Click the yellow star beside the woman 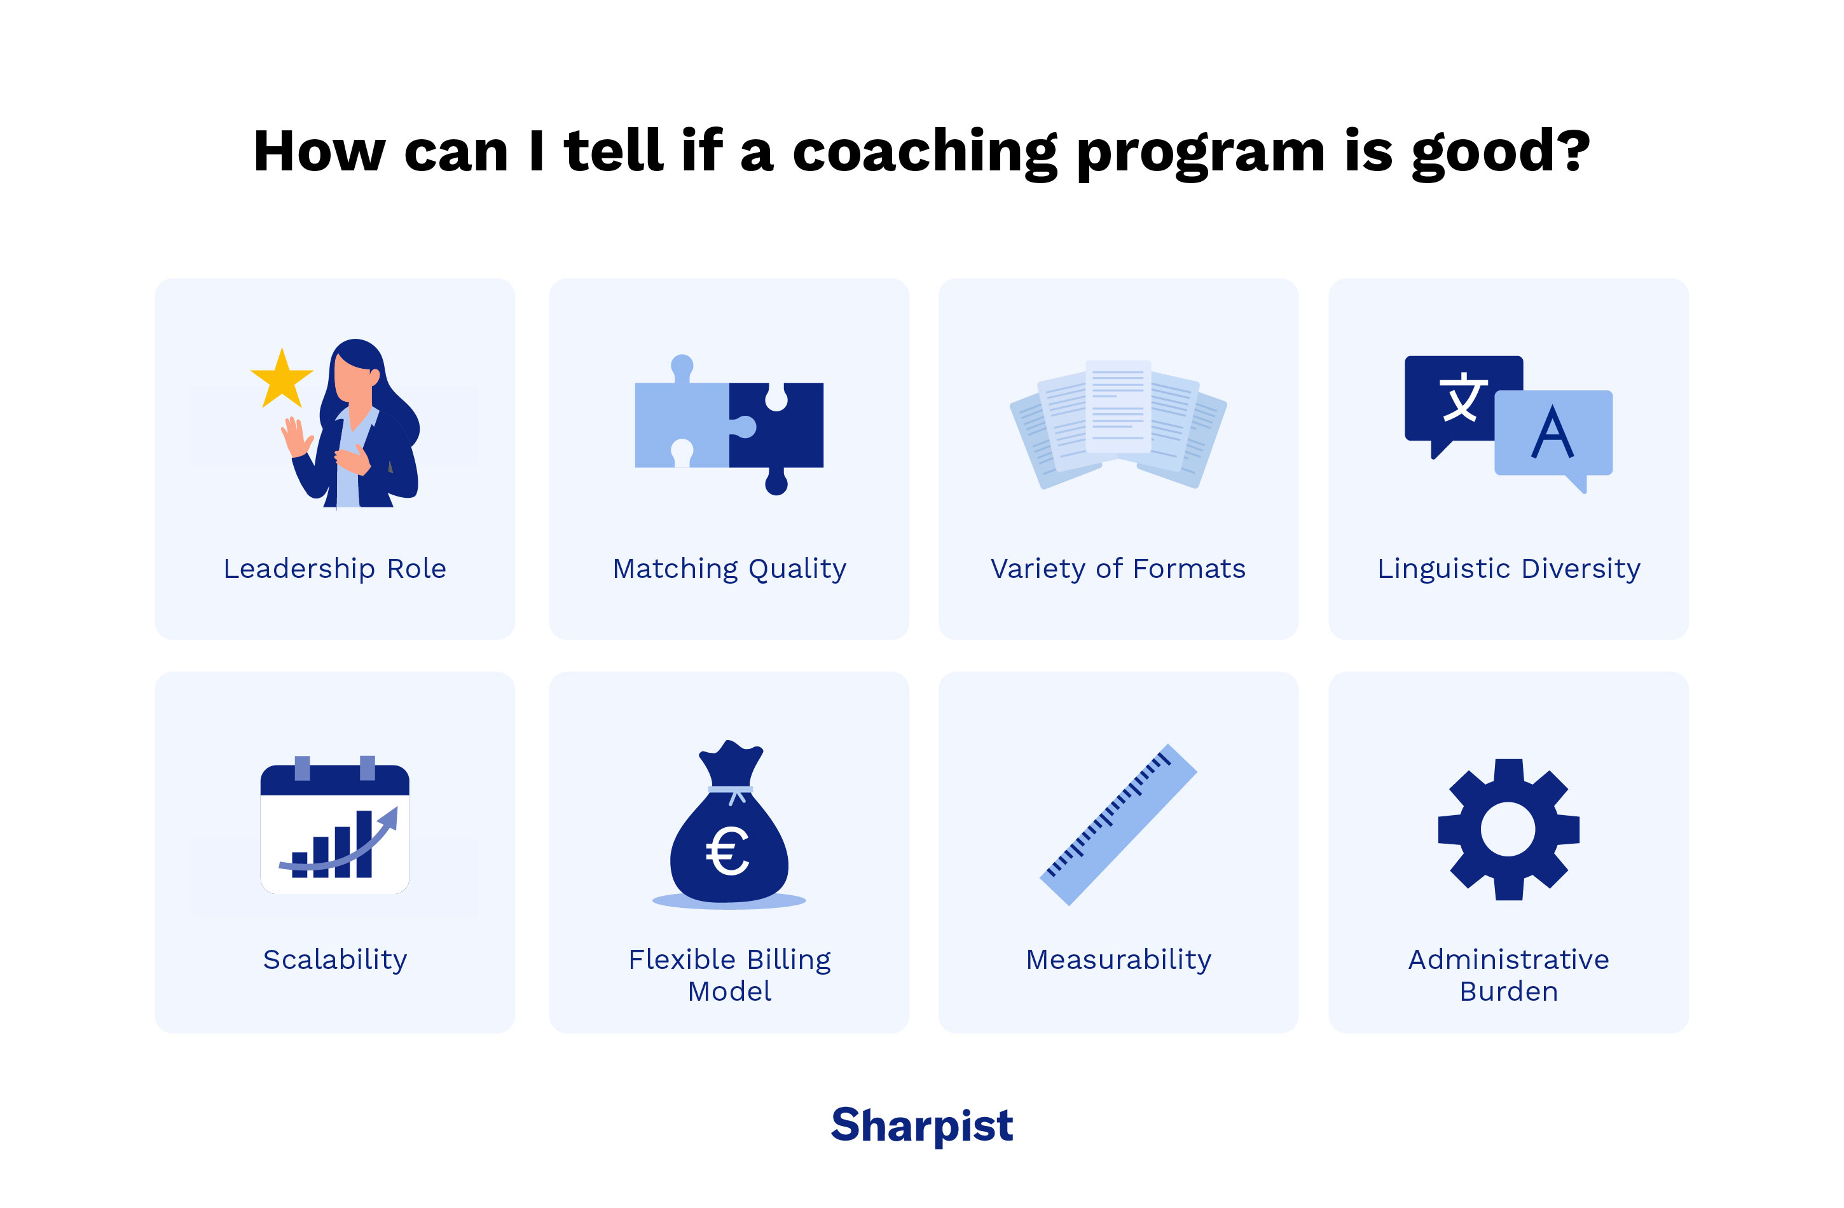[282, 380]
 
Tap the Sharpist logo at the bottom [921, 1125]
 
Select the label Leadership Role [334, 569]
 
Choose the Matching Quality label [729, 569]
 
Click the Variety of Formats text [1118, 569]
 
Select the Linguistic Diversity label [1508, 569]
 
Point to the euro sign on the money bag [727, 851]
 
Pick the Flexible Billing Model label [729, 975]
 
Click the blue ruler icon [1118, 825]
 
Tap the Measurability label [1118, 959]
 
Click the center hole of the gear [1508, 829]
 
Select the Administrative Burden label [1508, 975]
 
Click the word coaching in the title [925, 152]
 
